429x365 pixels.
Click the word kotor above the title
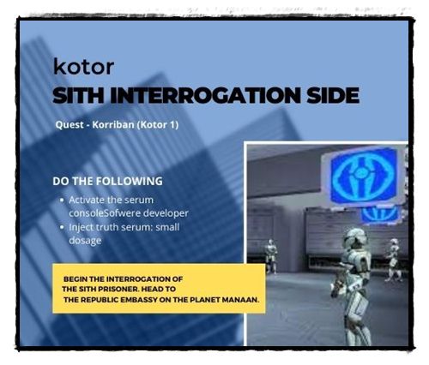(83, 66)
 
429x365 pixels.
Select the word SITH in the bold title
(78, 95)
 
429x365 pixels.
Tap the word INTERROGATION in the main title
(205, 95)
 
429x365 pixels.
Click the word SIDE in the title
(333, 95)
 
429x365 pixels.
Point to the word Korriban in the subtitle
(113, 125)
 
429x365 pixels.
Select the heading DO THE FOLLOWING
(107, 181)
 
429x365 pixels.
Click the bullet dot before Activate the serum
(62, 200)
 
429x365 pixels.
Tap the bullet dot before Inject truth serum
(62, 227)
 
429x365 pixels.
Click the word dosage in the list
(85, 241)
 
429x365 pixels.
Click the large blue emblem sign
(364, 177)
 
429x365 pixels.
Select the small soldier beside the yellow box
(270, 256)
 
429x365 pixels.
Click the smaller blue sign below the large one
(380, 214)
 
